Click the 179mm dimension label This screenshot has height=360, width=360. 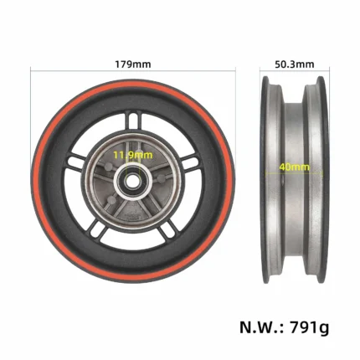133,64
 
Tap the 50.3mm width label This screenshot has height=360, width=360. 295,64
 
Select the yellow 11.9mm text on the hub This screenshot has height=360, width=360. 132,155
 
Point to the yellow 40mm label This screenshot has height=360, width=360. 295,167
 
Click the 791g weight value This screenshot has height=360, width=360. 310,327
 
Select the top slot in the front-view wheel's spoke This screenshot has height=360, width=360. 133,121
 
